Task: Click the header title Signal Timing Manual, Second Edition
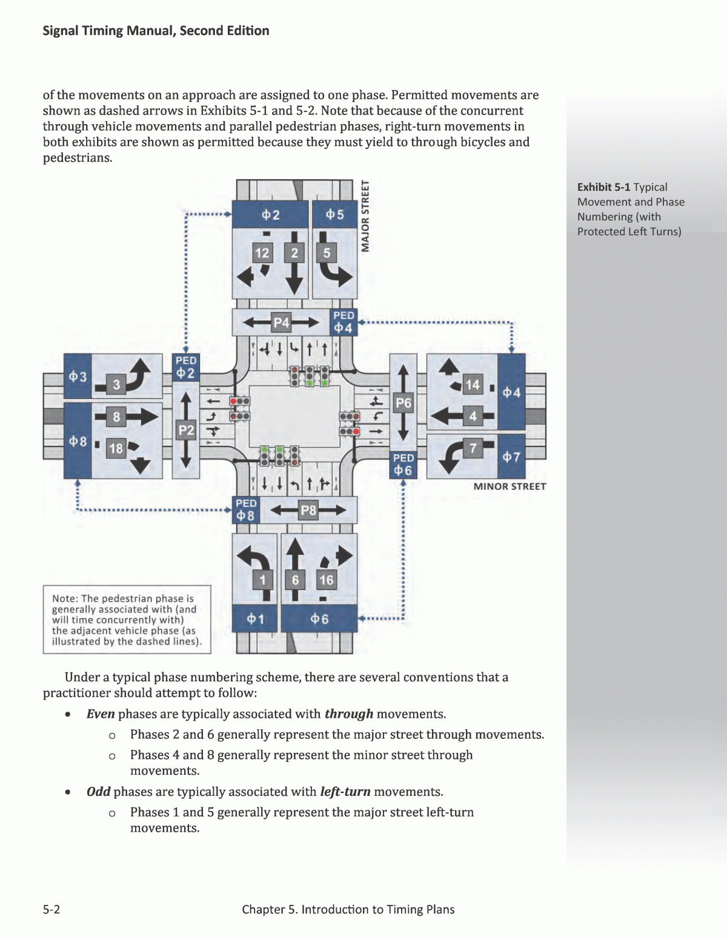pyautogui.click(x=156, y=31)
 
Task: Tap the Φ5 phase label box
pyautogui.click(x=334, y=215)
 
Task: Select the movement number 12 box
pyautogui.click(x=262, y=253)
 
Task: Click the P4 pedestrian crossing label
pyautogui.click(x=281, y=323)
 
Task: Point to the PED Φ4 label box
pyautogui.click(x=344, y=322)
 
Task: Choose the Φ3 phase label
pyautogui.click(x=77, y=377)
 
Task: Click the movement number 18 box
pyautogui.click(x=115, y=449)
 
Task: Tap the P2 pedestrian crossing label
pyautogui.click(x=185, y=431)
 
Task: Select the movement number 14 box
pyautogui.click(x=473, y=385)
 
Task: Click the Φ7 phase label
pyautogui.click(x=511, y=457)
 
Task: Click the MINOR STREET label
pyautogui.click(x=510, y=486)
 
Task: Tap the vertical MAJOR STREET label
pyautogui.click(x=365, y=216)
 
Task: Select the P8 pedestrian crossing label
pyautogui.click(x=308, y=511)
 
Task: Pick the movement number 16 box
pyautogui.click(x=326, y=580)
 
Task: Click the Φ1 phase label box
pyautogui.click(x=255, y=619)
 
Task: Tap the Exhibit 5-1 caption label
pyautogui.click(x=603, y=187)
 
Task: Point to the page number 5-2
pyautogui.click(x=51, y=909)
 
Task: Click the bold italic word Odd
pyautogui.click(x=98, y=792)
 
